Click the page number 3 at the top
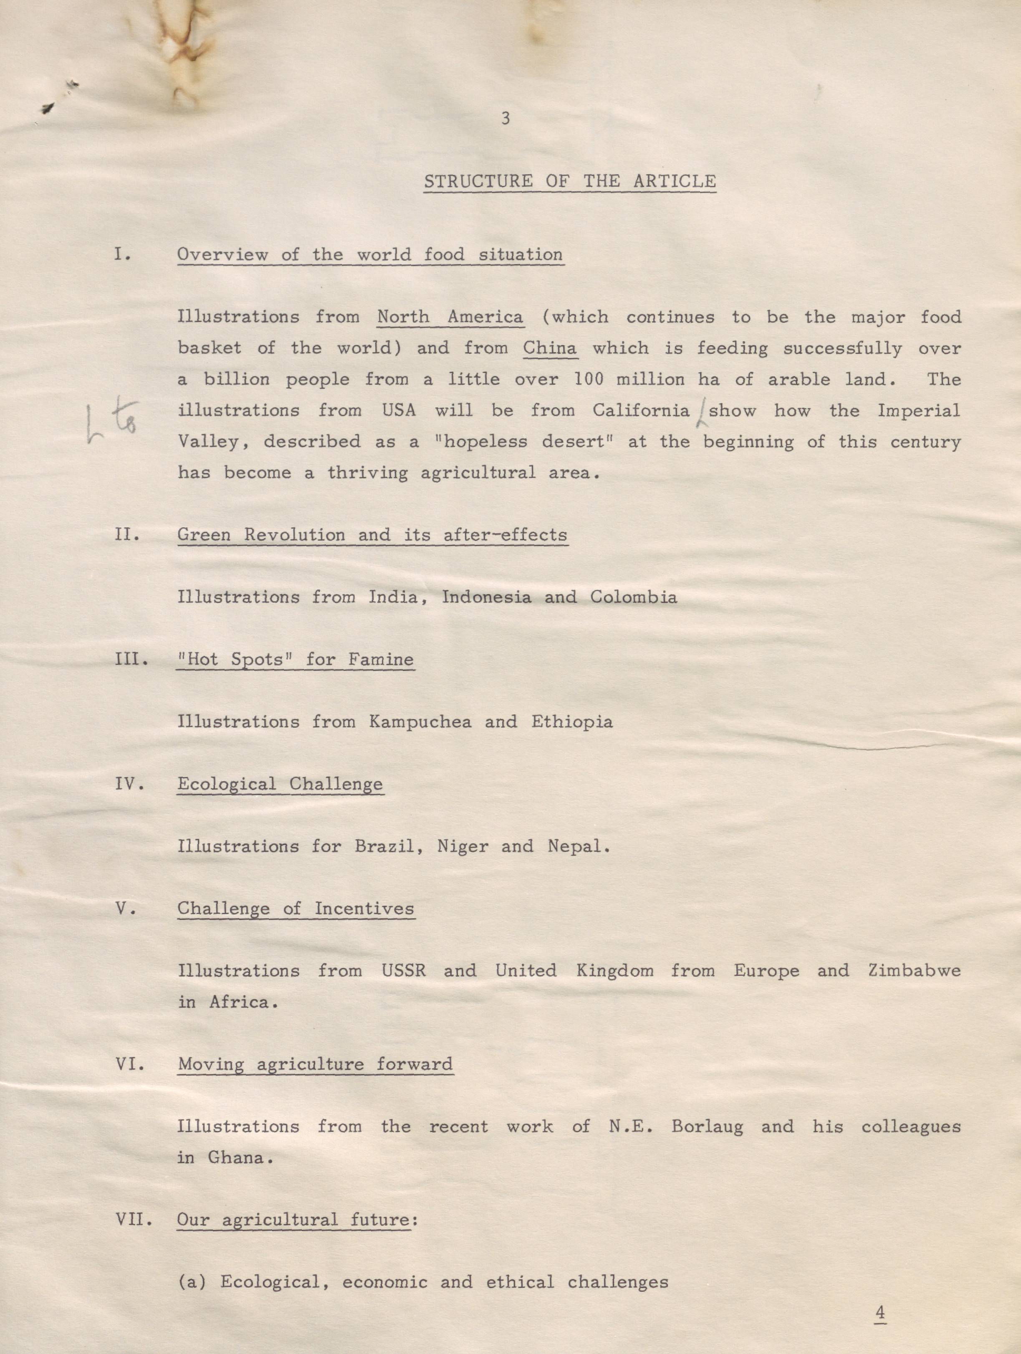pyautogui.click(x=505, y=119)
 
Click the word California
pyautogui.click(x=640, y=410)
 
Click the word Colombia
pyautogui.click(x=633, y=597)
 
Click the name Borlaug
pyautogui.click(x=707, y=1126)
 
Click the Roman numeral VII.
pyautogui.click(x=133, y=1219)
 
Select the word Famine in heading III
pyautogui.click(x=381, y=659)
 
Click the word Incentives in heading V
pyautogui.click(x=364, y=908)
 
